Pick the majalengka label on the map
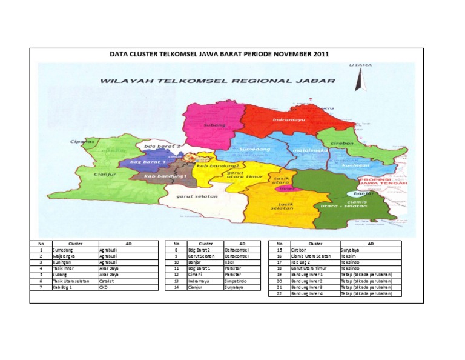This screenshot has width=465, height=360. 308,147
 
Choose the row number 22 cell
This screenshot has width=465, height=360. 279,294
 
